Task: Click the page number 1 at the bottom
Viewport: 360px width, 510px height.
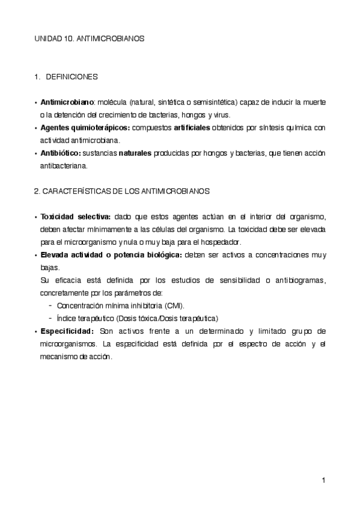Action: [323, 480]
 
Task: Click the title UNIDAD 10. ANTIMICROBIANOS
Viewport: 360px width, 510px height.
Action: [88, 38]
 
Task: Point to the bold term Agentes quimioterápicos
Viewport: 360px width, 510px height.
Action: [84, 127]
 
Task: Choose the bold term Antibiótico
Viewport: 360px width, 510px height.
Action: [60, 153]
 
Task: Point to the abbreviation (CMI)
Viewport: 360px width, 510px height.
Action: [174, 306]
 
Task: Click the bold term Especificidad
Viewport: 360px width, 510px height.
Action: [67, 331]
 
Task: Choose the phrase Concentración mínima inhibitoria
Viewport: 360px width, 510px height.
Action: [109, 306]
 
